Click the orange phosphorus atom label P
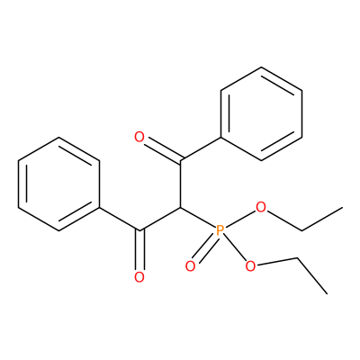tap(220, 230)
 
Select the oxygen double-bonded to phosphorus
tap(190, 265)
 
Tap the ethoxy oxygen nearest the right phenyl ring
tap(261, 207)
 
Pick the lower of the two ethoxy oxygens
tap(250, 265)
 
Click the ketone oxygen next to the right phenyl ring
tap(139, 137)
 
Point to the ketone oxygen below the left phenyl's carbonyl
tap(139, 277)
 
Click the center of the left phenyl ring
tap(59, 184)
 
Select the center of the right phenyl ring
tap(261, 113)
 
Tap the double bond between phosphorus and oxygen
tap(203, 249)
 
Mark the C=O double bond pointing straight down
tap(139, 250)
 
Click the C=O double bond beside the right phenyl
tap(162, 150)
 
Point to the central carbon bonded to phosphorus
tap(180, 207)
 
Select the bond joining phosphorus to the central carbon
tap(198, 218)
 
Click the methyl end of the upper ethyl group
tap(342, 207)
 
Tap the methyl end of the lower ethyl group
tap(327, 293)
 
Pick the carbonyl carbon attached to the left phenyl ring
tap(139, 230)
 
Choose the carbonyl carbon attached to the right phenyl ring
tap(180, 160)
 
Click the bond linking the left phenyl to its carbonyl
tap(120, 219)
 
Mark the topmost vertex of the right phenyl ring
tap(261, 67)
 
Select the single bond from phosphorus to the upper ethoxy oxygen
tap(240, 220)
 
